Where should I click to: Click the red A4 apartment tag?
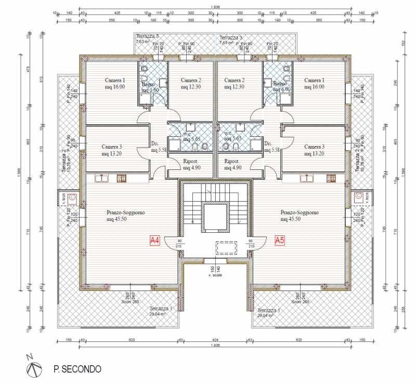[x=154, y=241]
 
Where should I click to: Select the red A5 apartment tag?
[x=280, y=241]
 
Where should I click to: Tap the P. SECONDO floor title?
[x=77, y=369]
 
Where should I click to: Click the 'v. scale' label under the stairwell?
[x=215, y=275]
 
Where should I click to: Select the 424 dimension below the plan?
[x=216, y=339]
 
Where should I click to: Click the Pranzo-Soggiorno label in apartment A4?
[x=125, y=216]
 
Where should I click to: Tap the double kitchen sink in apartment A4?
[x=100, y=179]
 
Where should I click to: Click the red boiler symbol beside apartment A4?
[x=72, y=197]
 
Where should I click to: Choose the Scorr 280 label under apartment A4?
[x=130, y=301]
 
